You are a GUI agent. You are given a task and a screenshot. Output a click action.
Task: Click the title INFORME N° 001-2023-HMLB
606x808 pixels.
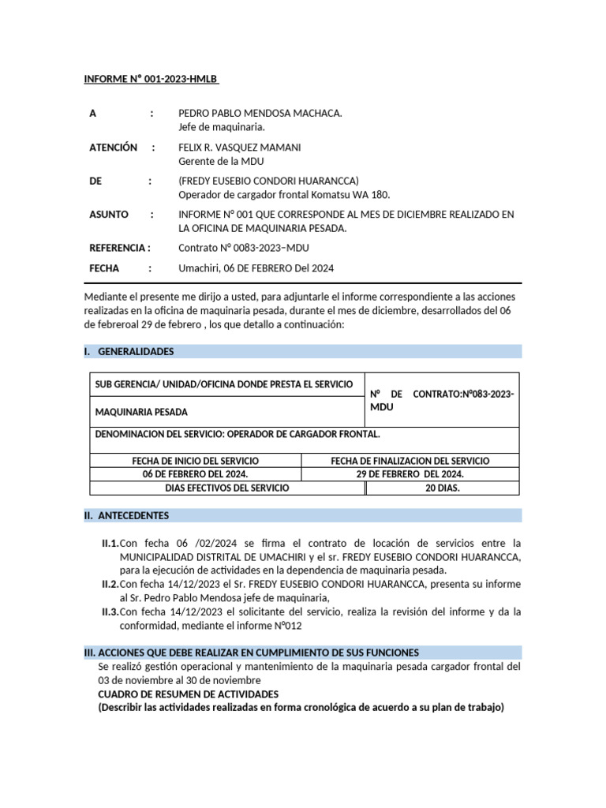(x=151, y=80)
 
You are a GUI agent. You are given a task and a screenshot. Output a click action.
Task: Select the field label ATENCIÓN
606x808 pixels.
(x=114, y=148)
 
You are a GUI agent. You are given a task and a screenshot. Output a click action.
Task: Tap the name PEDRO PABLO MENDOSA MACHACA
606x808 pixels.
(x=260, y=114)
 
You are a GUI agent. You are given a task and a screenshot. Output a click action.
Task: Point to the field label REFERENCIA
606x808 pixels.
(x=118, y=248)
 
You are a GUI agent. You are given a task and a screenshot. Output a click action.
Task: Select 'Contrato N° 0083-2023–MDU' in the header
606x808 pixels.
(x=244, y=248)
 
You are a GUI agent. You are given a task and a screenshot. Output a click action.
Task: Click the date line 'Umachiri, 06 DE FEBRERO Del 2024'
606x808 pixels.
(x=256, y=268)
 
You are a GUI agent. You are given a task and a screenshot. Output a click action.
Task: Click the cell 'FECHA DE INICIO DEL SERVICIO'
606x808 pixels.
(x=195, y=461)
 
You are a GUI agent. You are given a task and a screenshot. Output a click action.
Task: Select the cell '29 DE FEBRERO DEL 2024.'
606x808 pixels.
(x=410, y=474)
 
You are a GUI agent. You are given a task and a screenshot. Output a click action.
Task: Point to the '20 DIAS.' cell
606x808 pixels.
(x=443, y=488)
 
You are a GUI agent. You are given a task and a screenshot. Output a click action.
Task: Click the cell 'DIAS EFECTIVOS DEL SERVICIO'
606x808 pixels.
(x=227, y=488)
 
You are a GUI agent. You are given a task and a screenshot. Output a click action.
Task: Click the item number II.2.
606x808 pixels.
(x=110, y=584)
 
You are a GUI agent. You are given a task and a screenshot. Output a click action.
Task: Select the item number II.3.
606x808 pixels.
(x=110, y=612)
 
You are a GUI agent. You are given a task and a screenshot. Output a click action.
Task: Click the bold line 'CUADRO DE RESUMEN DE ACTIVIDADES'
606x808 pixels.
(x=188, y=694)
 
